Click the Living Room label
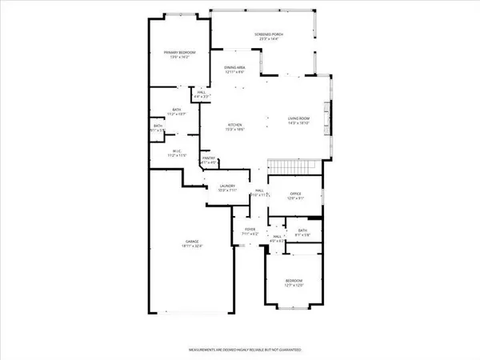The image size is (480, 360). click(298, 119)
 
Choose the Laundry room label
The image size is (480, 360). click(226, 186)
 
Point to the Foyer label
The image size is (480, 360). click(249, 230)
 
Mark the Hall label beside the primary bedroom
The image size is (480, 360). click(190, 92)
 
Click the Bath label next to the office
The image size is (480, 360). click(302, 230)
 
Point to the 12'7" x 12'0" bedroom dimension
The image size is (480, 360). click(294, 286)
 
